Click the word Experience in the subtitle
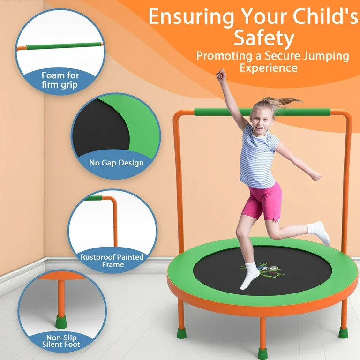click(268, 67)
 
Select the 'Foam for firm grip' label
click(60, 80)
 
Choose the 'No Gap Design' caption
click(116, 163)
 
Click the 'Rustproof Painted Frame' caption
click(112, 261)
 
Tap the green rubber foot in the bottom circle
click(61, 322)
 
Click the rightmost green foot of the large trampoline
click(344, 332)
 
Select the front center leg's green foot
click(262, 353)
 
